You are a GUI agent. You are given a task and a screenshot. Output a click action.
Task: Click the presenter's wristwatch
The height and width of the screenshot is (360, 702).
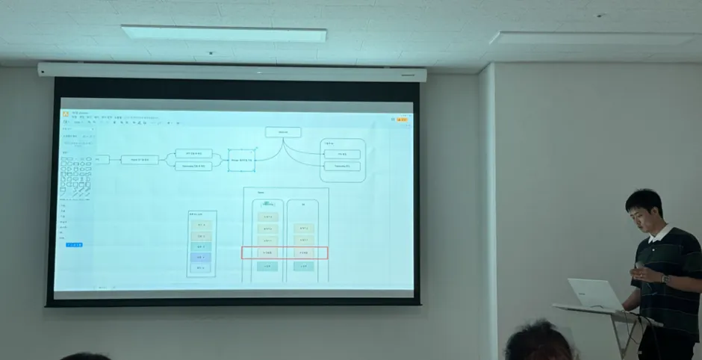(665, 279)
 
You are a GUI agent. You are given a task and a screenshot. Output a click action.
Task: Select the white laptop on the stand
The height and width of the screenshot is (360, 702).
(593, 294)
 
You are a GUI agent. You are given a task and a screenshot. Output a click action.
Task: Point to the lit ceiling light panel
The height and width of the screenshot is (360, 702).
(223, 34)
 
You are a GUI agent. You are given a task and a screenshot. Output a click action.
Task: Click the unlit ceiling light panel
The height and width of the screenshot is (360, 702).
(593, 38)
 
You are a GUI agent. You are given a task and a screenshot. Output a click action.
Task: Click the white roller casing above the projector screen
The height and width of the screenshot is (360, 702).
(232, 72)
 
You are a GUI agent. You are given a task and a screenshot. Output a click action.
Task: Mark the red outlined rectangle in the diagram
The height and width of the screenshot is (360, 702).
(285, 253)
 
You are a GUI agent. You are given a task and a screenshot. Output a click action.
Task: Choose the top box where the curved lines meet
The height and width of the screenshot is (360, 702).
(282, 132)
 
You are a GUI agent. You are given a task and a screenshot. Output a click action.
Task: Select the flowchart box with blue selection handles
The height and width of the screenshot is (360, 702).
(241, 159)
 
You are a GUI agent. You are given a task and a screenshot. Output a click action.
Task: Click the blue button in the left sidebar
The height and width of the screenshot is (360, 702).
(74, 244)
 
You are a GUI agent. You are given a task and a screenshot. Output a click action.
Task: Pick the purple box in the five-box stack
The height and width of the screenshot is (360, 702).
(200, 257)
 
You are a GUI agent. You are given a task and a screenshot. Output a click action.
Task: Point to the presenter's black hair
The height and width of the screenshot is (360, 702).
(644, 200)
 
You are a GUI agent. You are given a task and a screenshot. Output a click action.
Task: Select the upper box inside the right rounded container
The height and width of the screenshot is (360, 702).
(342, 154)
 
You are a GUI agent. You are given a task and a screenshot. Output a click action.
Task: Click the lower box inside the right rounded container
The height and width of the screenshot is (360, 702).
(342, 166)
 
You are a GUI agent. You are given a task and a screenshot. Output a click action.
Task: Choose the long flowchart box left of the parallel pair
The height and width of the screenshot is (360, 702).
(140, 159)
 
